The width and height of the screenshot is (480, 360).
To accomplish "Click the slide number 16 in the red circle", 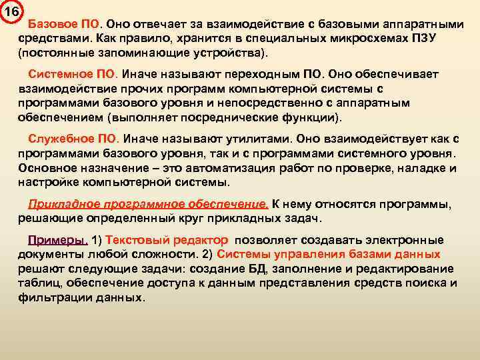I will [x=11, y=11].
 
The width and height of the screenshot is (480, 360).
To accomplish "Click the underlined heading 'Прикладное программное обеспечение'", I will [x=148, y=205].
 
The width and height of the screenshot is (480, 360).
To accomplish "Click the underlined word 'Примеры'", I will [x=58, y=241].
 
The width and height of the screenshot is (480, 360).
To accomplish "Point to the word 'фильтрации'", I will [x=47, y=297].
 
